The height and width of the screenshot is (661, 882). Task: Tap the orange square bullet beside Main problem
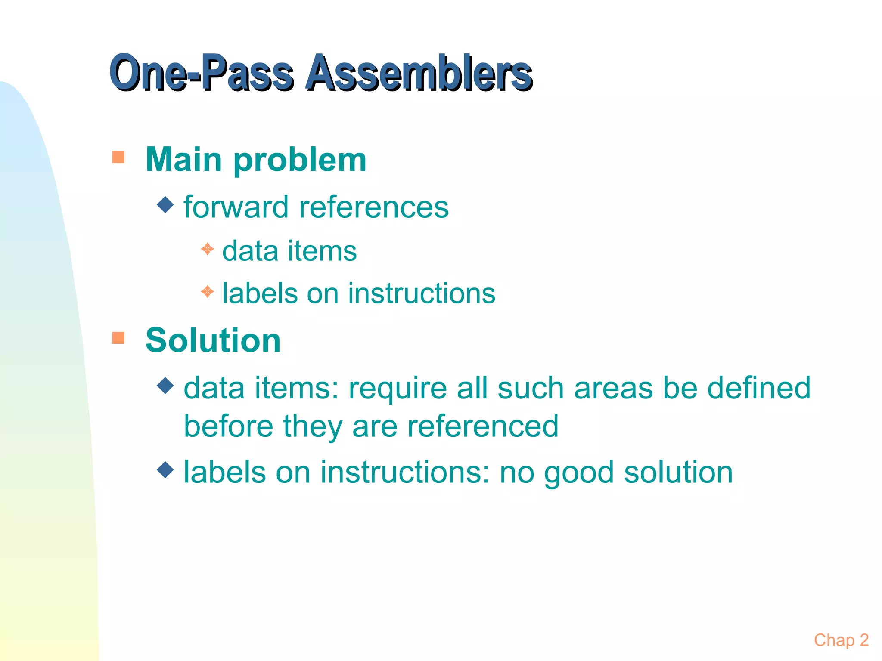pyautogui.click(x=118, y=157)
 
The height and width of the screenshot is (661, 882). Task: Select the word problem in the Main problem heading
pyautogui.click(x=300, y=160)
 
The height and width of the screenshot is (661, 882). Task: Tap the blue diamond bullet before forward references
pyautogui.click(x=165, y=205)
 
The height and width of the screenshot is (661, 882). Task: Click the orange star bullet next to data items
pyautogui.click(x=208, y=249)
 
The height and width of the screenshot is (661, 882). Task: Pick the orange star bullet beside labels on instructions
pyautogui.click(x=208, y=292)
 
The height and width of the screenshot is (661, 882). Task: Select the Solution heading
pyautogui.click(x=213, y=340)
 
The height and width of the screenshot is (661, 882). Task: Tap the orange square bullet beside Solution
pyautogui.click(x=118, y=338)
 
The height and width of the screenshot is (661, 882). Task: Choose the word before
pyautogui.click(x=228, y=426)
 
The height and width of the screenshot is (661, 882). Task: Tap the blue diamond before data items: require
pyautogui.click(x=165, y=386)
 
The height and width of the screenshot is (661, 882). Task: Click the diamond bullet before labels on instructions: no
pyautogui.click(x=165, y=469)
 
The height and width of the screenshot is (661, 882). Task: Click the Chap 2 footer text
pyautogui.click(x=841, y=640)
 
